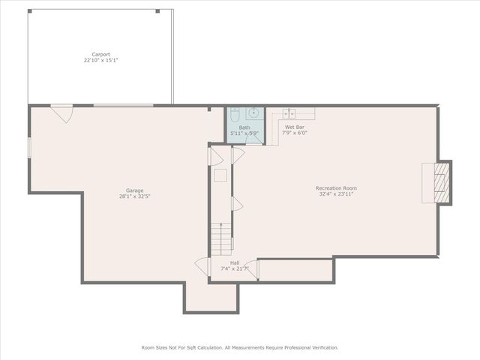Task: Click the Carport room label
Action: click(x=101, y=55)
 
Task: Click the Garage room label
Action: click(x=135, y=190)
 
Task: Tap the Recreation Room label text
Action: click(x=336, y=187)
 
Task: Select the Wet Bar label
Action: click(x=295, y=127)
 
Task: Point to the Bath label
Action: click(x=244, y=127)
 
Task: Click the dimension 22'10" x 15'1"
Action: click(x=101, y=60)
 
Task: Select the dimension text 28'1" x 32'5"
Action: click(x=135, y=196)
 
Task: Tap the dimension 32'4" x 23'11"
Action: click(x=336, y=193)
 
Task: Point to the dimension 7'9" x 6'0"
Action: click(x=295, y=133)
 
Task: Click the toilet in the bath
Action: click(x=234, y=115)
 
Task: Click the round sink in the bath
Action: click(x=253, y=114)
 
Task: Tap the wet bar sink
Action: click(x=289, y=113)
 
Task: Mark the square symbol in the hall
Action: click(x=220, y=175)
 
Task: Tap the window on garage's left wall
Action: click(x=29, y=148)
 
